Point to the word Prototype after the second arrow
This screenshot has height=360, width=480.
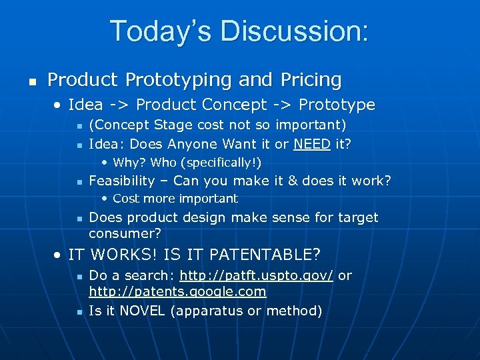point(337,105)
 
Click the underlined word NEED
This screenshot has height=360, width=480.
point(311,144)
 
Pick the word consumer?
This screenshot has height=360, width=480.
point(125,234)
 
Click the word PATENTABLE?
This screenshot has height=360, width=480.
point(265,255)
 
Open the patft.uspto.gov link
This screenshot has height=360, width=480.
point(256,275)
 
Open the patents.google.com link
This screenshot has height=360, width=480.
point(177,291)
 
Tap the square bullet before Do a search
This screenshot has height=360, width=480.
point(78,276)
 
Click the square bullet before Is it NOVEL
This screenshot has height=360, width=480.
point(78,311)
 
